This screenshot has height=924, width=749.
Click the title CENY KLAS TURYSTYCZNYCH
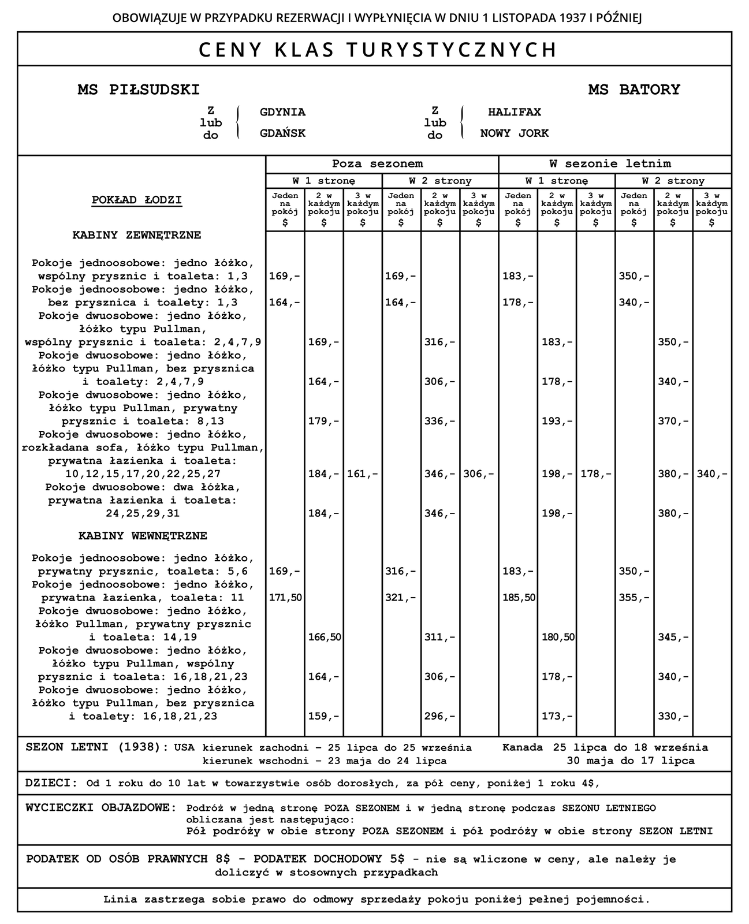tap(378, 50)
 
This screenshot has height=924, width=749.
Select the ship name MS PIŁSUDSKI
tap(139, 90)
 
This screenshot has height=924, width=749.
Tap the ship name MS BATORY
tap(634, 90)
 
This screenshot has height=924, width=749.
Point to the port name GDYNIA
tap(282, 112)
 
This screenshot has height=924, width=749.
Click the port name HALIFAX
tap(514, 112)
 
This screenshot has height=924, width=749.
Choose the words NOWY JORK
tap(514, 133)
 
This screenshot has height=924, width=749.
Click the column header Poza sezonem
tap(377, 164)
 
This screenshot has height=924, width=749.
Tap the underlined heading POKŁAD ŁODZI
tap(137, 200)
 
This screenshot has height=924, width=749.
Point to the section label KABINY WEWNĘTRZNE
tap(143, 536)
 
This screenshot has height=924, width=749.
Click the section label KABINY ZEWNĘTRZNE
tap(136, 236)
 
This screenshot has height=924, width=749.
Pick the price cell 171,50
tap(285, 598)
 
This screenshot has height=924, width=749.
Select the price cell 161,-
tap(363, 474)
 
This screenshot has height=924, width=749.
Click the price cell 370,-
tap(673, 422)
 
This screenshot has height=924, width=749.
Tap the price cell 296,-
tap(440, 717)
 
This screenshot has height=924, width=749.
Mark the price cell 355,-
tap(634, 598)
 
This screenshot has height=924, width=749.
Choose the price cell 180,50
tap(558, 638)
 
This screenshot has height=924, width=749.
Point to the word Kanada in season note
tap(522, 747)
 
